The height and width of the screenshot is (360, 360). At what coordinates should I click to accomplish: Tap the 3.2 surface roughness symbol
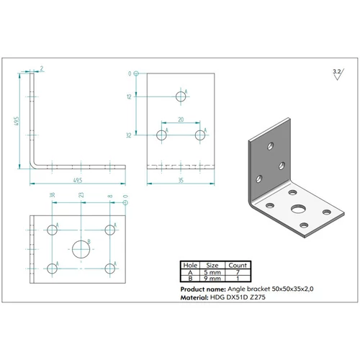coord(338,74)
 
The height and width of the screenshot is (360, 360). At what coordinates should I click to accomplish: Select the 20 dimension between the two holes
coord(181,120)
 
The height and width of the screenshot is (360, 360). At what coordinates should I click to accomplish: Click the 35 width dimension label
coord(181,180)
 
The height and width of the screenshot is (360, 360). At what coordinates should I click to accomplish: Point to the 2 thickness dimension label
coord(42,68)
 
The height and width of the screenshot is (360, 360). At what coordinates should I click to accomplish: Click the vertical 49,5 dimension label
coord(17,122)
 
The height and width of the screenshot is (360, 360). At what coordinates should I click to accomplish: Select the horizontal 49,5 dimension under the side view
coord(78,180)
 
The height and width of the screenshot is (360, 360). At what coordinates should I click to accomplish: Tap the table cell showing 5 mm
coord(212,272)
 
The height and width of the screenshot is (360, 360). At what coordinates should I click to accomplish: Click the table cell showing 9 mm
coord(212,279)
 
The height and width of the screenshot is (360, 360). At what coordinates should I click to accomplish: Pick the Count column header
coord(238,265)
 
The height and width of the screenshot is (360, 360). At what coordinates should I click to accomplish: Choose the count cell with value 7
coord(238,272)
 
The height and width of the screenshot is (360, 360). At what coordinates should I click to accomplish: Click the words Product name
coord(203,289)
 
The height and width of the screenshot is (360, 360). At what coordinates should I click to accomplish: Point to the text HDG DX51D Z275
coord(238,297)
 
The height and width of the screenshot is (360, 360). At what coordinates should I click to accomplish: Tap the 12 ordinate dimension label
coord(129,96)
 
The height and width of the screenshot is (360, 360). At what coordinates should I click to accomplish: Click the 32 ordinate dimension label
coord(129,135)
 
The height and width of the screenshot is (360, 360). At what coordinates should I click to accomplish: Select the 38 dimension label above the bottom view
coord(53,195)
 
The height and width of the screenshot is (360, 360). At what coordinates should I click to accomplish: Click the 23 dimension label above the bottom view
coord(81,195)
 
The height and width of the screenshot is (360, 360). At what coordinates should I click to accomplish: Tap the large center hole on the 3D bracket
coord(298,209)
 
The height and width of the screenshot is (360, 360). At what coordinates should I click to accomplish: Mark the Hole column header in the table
coord(190,265)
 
